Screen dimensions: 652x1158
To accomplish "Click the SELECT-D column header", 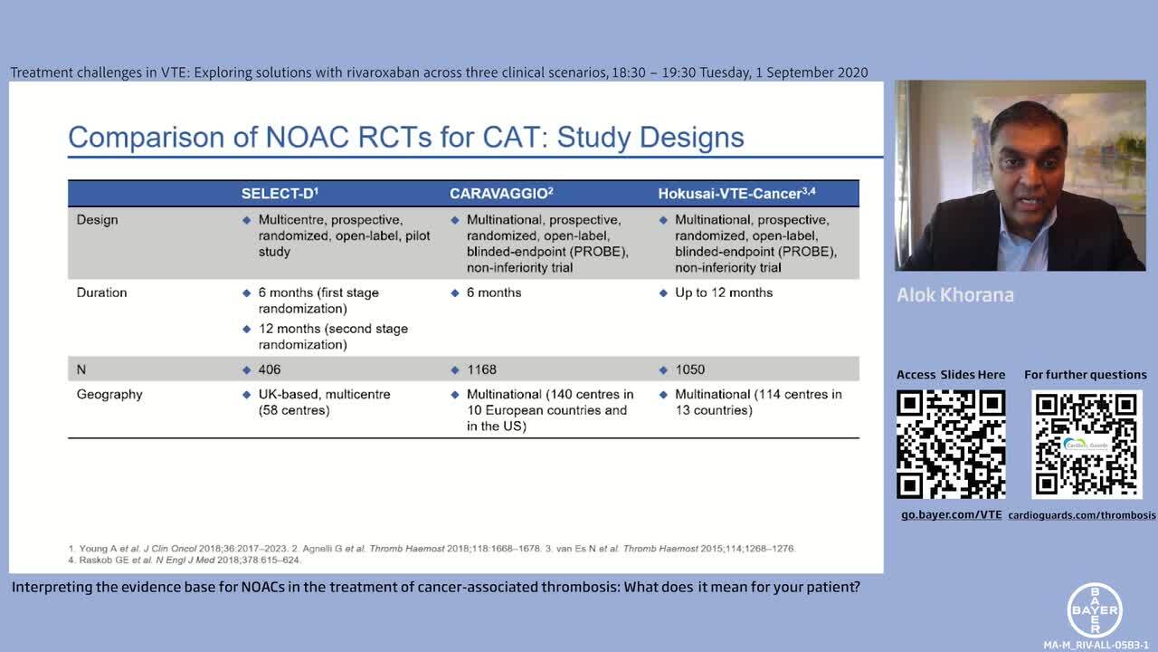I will tap(280, 194).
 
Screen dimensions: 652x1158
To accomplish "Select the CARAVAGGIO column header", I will tap(501, 194).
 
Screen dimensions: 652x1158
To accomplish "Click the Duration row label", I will tap(101, 292).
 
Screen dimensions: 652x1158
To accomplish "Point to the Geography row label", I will tap(109, 395).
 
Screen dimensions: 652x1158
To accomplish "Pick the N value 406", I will tap(270, 369).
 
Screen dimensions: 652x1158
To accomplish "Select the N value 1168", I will tap(481, 369).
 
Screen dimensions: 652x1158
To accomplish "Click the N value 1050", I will tap(689, 369).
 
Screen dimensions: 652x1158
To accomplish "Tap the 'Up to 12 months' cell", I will tap(724, 292).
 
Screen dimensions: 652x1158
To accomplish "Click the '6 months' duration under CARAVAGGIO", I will tap(494, 292).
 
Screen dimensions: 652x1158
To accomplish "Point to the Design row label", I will tap(97, 220).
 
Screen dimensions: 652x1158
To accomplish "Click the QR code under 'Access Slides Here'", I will tap(951, 445).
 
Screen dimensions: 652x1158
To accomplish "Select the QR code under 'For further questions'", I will tap(1087, 445).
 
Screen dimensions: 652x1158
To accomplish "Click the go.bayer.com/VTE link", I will tap(951, 514).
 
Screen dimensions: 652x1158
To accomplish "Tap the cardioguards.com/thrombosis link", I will tap(1082, 514).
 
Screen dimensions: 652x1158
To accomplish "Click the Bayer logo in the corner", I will tap(1096, 609).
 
